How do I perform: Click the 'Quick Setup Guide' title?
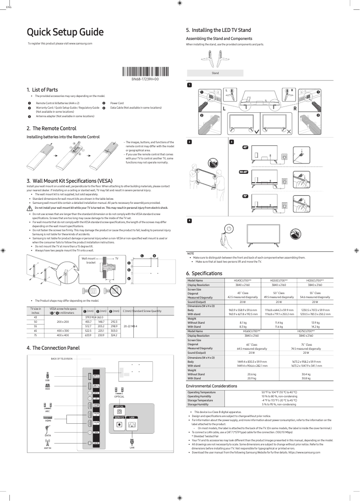(66, 32)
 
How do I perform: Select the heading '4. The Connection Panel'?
(53, 348)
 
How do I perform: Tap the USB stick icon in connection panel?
(47, 374)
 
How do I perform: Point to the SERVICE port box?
(119, 425)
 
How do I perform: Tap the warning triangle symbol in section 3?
(30, 208)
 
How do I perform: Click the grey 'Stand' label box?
(215, 73)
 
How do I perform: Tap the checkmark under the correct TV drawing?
(256, 132)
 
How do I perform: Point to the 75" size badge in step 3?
(245, 197)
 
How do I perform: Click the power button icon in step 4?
(229, 228)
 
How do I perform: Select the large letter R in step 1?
(295, 108)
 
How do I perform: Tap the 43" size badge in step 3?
(245, 147)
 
